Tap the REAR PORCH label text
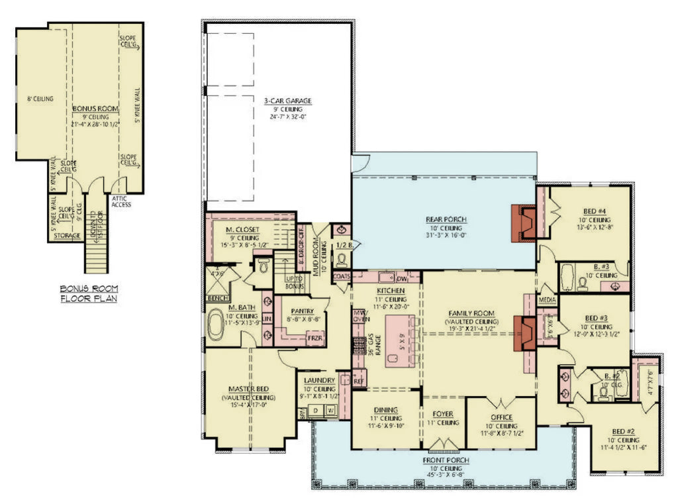[x=444, y=219]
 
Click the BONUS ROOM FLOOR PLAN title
[x=89, y=293]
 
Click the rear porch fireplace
[x=526, y=222]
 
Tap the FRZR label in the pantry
[x=315, y=338]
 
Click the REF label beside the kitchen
[x=359, y=382]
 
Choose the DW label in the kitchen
[x=401, y=279]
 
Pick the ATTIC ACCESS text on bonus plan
[x=121, y=201]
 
